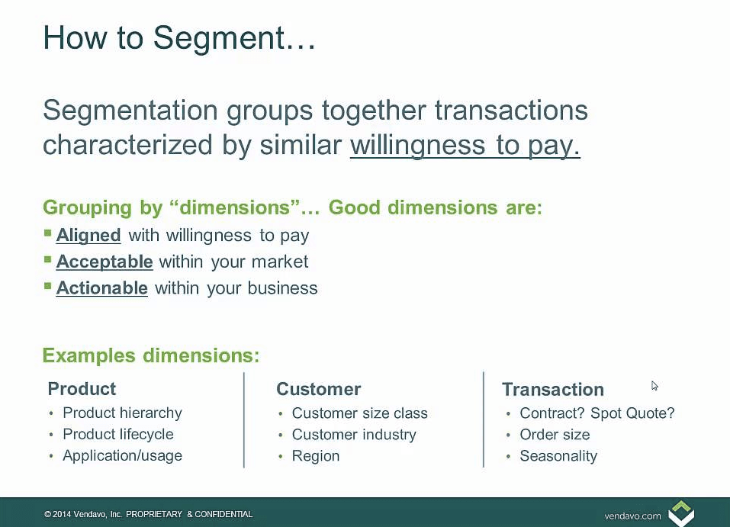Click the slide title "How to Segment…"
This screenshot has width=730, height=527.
179,37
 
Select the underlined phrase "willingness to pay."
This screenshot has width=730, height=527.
465,145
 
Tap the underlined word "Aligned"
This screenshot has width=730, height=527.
88,235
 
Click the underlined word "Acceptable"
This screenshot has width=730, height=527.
105,262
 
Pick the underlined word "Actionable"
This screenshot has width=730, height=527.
101,288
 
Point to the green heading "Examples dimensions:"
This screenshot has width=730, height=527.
151,355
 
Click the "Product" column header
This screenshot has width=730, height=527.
82,389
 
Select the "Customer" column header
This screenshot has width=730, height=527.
318,389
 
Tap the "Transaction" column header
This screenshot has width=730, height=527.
552,390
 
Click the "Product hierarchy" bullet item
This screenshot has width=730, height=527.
122,413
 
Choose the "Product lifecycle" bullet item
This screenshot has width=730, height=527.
117,435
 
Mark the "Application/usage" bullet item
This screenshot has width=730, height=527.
122,456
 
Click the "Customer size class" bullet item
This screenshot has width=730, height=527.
359,413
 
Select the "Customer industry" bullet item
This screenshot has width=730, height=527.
353,435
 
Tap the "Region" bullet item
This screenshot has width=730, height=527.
315,456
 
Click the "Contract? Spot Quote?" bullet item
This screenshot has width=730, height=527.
597,413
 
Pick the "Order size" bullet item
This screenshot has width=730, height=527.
554,435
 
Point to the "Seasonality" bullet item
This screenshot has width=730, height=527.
558,456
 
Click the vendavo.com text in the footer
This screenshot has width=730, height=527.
632,516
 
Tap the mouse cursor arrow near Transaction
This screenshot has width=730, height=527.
654,386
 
